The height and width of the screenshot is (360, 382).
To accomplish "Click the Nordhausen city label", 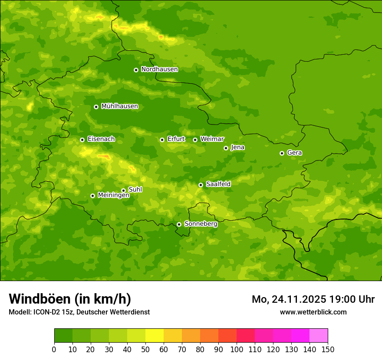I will pyautogui.click(x=159, y=69).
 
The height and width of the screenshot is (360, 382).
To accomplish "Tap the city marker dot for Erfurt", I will pyautogui.click(x=162, y=140).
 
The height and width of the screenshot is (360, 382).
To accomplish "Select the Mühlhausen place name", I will pyautogui.click(x=119, y=106).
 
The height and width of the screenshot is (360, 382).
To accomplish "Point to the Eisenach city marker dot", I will pyautogui.click(x=82, y=140).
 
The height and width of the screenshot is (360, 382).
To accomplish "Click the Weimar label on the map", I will pyautogui.click(x=212, y=139).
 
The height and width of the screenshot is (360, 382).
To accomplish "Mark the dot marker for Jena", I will pyautogui.click(x=226, y=148).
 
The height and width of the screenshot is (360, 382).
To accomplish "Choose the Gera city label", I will pyautogui.click(x=294, y=153).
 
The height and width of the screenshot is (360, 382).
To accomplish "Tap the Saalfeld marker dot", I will pyautogui.click(x=201, y=185).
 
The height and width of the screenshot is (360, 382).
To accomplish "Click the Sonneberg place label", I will pyautogui.click(x=201, y=224).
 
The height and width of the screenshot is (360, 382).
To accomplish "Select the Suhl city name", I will pyautogui.click(x=135, y=190).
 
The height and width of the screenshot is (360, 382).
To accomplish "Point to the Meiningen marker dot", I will pyautogui.click(x=92, y=196).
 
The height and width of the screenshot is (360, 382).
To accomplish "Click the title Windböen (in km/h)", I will pyautogui.click(x=70, y=299).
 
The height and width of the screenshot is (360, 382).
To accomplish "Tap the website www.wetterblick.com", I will pyautogui.click(x=313, y=312).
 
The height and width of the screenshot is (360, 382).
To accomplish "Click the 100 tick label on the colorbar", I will pyautogui.click(x=237, y=349).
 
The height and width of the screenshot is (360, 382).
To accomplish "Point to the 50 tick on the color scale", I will pyautogui.click(x=145, y=349).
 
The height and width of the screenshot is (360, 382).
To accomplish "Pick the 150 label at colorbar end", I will pyautogui.click(x=328, y=349).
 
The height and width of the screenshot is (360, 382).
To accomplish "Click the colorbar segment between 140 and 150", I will pyautogui.click(x=319, y=336).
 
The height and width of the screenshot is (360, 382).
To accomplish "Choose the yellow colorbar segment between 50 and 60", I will pyautogui.click(x=155, y=336).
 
